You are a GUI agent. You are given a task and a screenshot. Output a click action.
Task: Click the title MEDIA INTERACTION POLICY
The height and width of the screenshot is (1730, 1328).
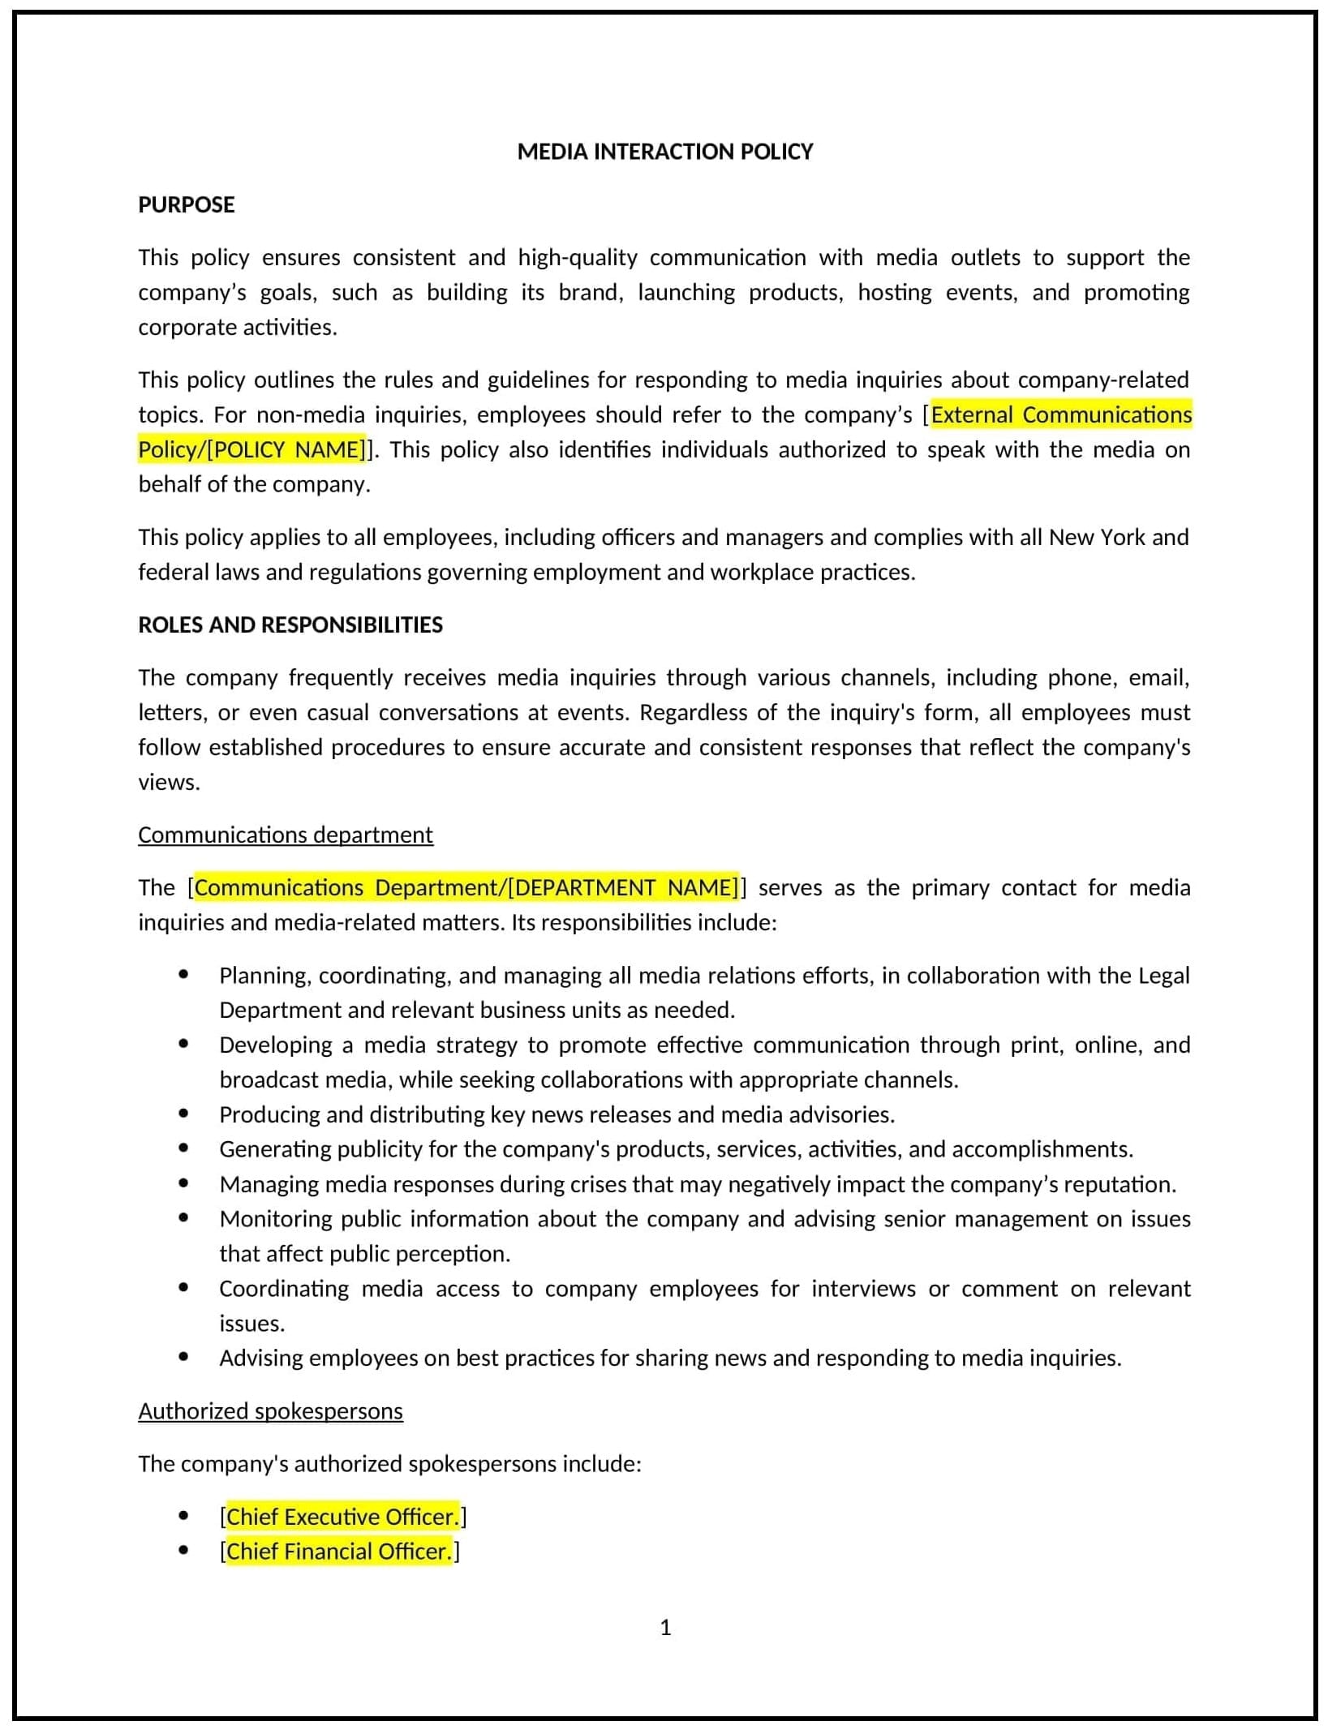(x=664, y=152)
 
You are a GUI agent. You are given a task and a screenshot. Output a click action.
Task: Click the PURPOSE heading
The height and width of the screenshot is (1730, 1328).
(x=186, y=204)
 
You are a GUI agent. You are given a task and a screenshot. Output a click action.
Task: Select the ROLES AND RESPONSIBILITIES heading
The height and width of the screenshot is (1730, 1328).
(x=290, y=625)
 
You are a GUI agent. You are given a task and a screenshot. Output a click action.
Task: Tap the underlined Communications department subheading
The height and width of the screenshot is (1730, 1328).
(x=285, y=835)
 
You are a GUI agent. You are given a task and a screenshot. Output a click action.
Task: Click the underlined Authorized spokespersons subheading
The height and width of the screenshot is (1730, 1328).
(x=270, y=1411)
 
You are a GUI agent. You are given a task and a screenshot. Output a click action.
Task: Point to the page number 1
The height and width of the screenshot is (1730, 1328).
(x=665, y=1628)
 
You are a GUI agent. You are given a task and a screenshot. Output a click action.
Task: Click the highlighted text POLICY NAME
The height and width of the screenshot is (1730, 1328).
(x=288, y=449)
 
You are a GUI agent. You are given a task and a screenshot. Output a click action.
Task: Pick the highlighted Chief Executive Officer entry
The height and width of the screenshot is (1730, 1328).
(x=342, y=1517)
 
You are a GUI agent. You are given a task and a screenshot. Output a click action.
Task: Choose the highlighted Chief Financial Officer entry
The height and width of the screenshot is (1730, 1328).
(x=337, y=1552)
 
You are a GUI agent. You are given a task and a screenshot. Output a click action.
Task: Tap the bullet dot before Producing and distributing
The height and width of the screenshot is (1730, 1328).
(x=184, y=1114)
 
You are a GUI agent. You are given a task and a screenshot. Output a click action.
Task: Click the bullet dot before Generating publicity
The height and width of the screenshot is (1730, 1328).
(x=184, y=1148)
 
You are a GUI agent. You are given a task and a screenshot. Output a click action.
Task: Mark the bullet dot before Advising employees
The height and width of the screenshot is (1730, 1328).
(x=184, y=1357)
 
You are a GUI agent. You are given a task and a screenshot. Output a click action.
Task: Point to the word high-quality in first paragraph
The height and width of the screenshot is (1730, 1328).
(x=578, y=258)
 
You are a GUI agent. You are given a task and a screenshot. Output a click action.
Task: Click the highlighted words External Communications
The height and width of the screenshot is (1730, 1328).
(x=1061, y=414)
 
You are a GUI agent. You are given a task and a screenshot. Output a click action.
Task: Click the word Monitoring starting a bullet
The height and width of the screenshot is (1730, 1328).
(x=275, y=1219)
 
